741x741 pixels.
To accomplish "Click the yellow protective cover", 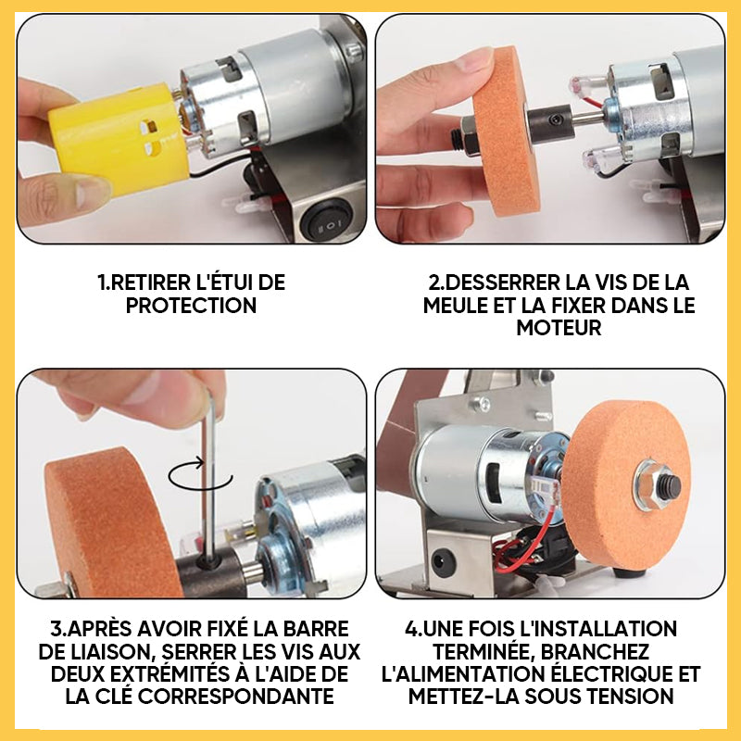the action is click(x=119, y=138).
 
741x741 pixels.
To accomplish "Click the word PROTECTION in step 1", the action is click(x=191, y=306).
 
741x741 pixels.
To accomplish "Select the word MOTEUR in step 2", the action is click(x=559, y=328).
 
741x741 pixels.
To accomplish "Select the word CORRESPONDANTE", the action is click(x=235, y=697).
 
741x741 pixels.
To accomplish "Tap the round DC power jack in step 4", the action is click(x=444, y=562).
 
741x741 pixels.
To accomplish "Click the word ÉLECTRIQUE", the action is click(x=609, y=674).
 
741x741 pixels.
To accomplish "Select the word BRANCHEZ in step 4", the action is click(x=595, y=652).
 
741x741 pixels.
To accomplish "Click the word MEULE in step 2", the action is click(x=455, y=306).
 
